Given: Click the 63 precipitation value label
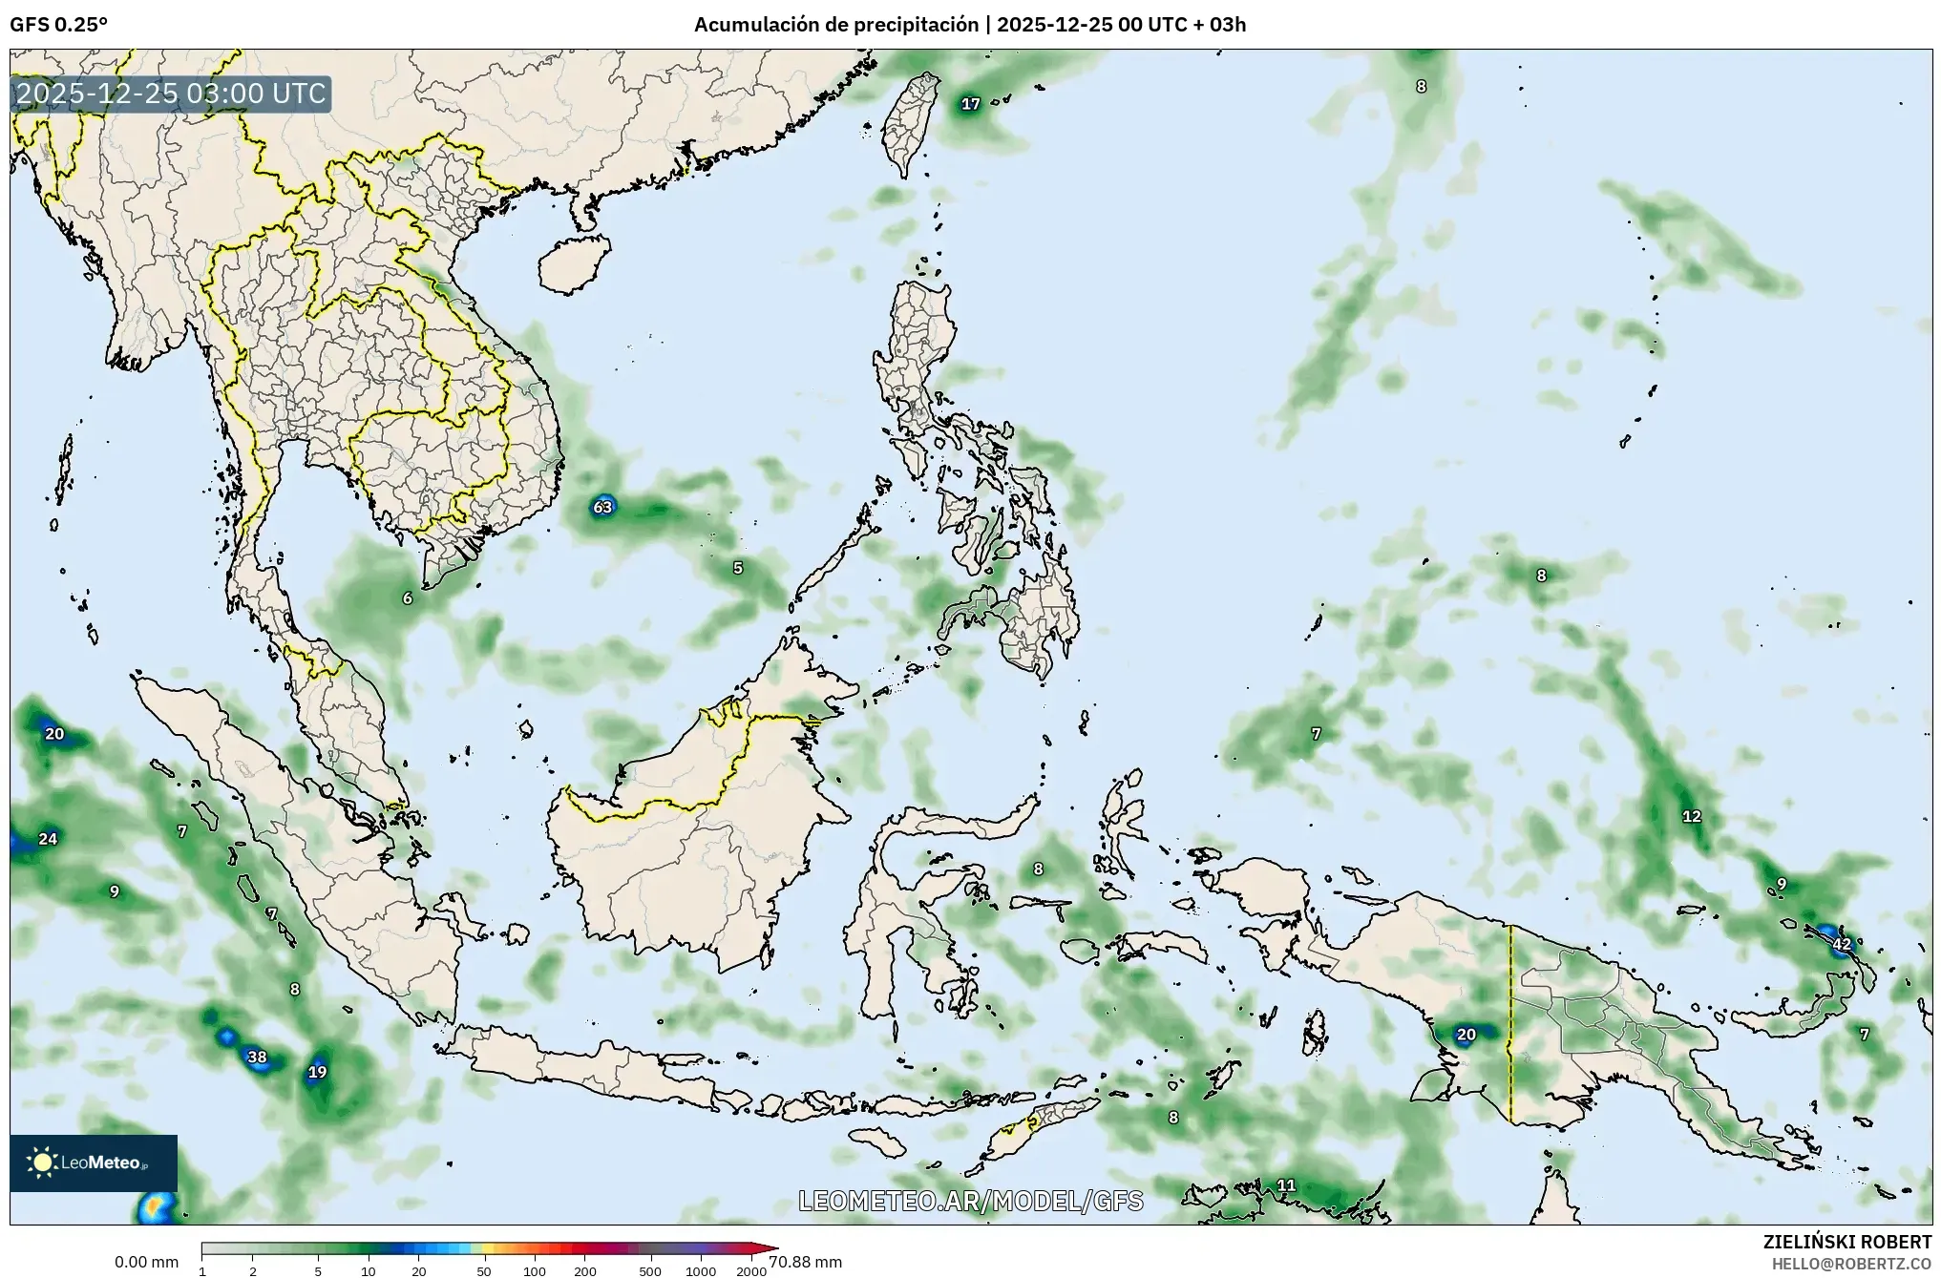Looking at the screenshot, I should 602,507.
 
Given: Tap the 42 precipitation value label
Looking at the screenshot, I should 1842,944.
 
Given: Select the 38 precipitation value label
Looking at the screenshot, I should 257,1057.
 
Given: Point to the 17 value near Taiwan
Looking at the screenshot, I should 970,104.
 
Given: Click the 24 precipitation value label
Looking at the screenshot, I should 48,839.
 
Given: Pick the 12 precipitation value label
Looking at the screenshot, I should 1691,816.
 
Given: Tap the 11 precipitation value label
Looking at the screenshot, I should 1286,1185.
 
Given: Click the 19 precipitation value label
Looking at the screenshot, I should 317,1072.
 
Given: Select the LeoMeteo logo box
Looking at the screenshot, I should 94,1163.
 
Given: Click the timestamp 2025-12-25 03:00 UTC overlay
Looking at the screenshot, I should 171,94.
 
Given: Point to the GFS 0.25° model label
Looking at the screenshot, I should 59,25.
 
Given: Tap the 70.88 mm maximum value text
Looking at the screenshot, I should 805,1262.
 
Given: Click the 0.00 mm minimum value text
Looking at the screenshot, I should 146,1262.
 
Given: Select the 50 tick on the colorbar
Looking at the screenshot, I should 484,1271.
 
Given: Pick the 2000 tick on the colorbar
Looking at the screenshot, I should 751,1271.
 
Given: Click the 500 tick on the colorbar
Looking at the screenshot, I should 650,1271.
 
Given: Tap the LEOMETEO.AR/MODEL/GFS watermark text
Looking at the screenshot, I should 970,1201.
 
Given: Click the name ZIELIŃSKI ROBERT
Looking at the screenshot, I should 1846,1242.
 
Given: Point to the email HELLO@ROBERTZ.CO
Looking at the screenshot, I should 1851,1263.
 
